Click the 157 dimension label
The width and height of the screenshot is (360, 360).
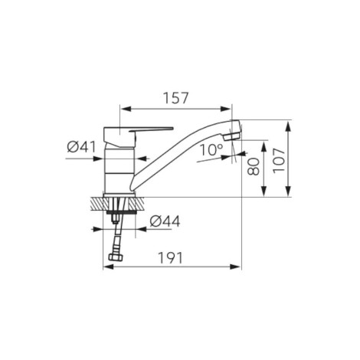[175, 98]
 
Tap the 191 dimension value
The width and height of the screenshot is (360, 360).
[170, 258]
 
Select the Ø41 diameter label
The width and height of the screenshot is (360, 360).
[81, 147]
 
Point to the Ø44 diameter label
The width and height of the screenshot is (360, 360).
[165, 221]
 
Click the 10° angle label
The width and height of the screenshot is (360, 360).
[211, 150]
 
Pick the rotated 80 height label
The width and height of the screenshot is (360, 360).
[254, 166]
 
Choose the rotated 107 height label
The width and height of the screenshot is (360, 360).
[279, 161]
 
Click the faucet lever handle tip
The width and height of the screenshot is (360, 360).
[172, 128]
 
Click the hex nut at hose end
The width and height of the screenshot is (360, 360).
[116, 257]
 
